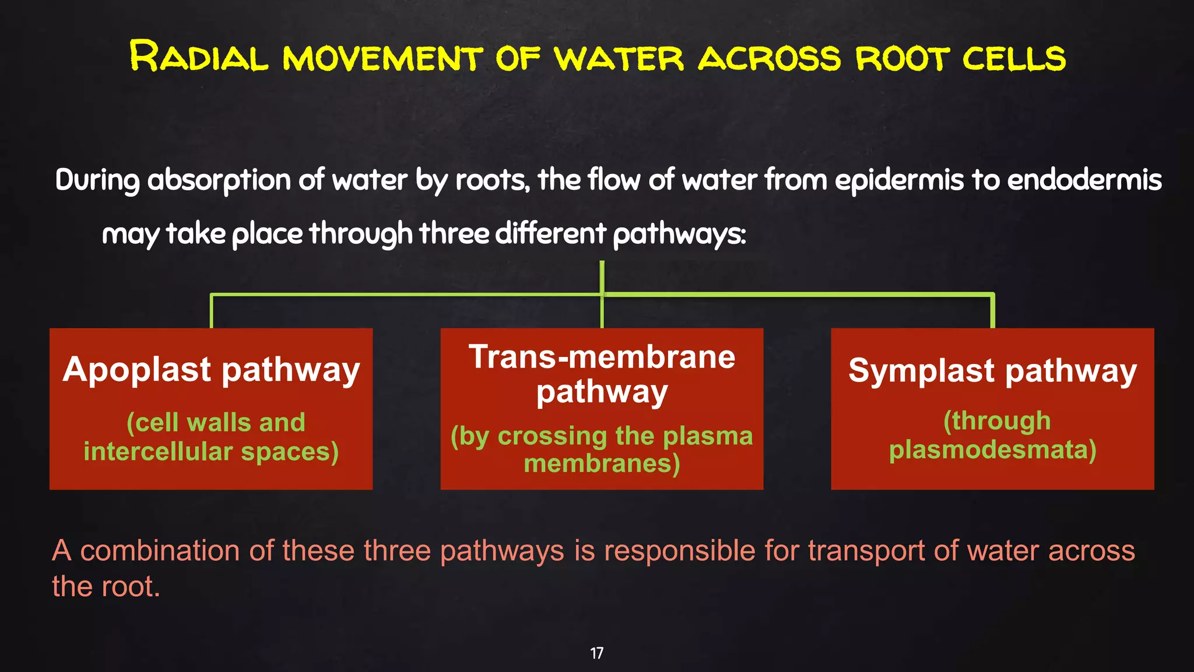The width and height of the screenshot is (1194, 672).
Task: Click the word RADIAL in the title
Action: pyautogui.click(x=198, y=57)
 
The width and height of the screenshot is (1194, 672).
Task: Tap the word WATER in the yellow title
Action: pyautogui.click(x=619, y=58)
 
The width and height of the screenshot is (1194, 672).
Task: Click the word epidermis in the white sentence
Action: pyautogui.click(x=899, y=180)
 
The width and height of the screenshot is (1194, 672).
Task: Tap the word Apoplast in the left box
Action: pyautogui.click(x=137, y=370)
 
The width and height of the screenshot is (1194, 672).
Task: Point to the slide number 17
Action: pyautogui.click(x=596, y=653)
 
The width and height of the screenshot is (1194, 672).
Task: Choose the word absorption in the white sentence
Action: pyautogui.click(x=219, y=180)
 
